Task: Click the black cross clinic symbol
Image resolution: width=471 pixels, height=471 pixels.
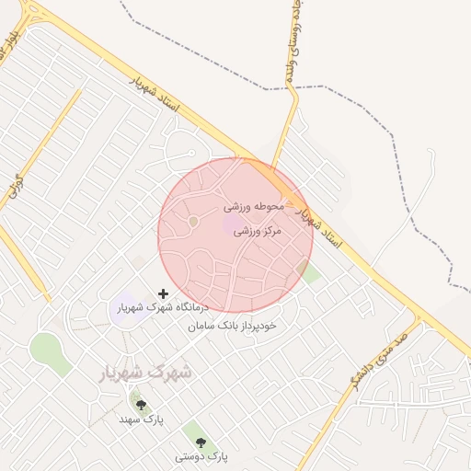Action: click(x=164, y=294)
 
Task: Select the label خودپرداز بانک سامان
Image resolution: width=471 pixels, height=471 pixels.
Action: click(x=232, y=326)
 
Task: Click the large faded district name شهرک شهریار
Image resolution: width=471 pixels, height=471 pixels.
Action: click(x=145, y=373)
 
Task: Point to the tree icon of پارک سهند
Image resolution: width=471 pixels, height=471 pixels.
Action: click(x=141, y=405)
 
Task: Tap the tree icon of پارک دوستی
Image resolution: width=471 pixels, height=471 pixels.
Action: click(x=201, y=442)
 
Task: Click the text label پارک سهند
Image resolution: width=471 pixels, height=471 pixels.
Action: click(x=141, y=419)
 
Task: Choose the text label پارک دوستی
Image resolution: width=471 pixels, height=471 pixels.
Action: click(x=201, y=456)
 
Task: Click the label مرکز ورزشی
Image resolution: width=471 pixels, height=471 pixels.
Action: click(x=256, y=231)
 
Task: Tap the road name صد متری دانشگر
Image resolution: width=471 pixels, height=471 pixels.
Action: click(x=376, y=364)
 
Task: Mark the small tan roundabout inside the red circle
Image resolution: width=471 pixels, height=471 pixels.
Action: click(x=193, y=221)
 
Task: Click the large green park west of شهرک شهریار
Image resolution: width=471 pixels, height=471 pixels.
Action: click(x=46, y=351)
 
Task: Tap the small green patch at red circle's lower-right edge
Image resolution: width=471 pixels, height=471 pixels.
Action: click(x=310, y=272)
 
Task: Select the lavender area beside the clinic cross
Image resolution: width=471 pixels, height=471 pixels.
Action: click(x=123, y=309)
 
